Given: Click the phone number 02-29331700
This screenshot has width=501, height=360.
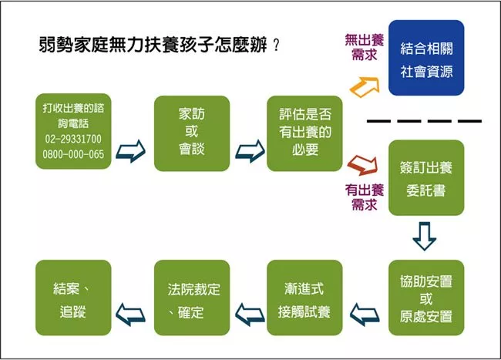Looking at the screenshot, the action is [73, 139].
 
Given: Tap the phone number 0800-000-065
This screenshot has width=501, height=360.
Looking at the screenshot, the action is [73, 154].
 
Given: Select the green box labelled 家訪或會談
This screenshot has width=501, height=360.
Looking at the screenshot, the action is [192, 133].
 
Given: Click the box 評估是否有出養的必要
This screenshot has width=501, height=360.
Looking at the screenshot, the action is [304, 133].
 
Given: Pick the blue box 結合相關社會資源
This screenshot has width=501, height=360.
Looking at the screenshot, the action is [426, 58].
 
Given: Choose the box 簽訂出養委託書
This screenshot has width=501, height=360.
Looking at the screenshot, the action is [426, 177].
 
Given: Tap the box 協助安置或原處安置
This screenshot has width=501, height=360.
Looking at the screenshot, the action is [426, 298].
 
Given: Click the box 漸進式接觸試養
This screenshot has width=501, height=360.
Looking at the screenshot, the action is [304, 298].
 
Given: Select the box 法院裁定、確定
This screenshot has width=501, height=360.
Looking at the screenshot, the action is [192, 298].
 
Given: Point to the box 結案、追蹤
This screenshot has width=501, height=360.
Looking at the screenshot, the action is [73, 298].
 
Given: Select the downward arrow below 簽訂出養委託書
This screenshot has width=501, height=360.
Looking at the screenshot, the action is [425, 236].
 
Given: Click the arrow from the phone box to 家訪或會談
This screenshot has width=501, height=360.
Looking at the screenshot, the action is [131, 151].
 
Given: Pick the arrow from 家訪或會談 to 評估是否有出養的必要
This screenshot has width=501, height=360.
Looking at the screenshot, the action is [250, 151].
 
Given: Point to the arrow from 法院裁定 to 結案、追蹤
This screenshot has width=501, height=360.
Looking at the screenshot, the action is [131, 315].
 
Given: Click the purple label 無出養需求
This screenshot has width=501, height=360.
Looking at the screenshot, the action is [365, 47].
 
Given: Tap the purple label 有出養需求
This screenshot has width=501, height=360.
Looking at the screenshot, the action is [365, 197].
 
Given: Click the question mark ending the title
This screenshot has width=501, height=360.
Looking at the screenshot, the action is [277, 45].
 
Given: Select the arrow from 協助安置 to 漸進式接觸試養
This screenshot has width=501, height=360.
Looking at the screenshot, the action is [365, 315].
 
